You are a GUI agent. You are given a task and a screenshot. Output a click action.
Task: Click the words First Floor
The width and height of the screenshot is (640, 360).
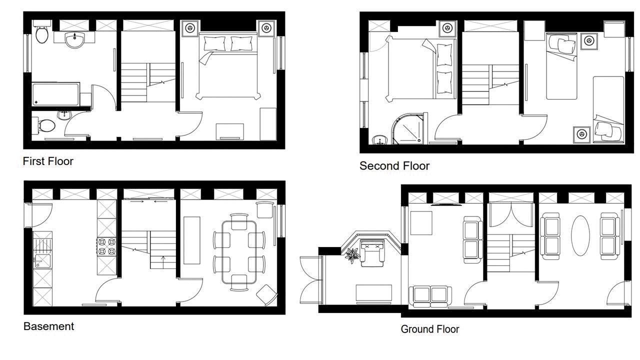pos(48,161)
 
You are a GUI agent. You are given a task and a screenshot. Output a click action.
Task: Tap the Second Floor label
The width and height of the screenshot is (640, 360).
pos(394,166)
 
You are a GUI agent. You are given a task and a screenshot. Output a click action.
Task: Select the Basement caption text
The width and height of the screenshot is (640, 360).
pos(48,326)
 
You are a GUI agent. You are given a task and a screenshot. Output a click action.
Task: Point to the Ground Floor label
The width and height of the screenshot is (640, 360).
pos(429,329)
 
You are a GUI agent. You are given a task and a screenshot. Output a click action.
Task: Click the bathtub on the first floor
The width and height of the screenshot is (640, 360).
pos(55,94)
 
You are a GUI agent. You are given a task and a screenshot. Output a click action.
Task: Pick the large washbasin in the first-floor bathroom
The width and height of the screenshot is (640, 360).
pos(74,39)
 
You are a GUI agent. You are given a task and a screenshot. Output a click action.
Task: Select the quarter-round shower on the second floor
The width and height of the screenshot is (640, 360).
pos(408,128)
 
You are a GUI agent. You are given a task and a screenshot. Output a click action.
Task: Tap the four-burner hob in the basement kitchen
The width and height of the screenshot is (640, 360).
pos(107,246)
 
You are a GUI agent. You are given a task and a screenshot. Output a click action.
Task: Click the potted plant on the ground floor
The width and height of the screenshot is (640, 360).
pos(352,254)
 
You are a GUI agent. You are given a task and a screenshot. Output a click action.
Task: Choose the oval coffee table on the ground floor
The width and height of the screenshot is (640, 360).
pos(580,235)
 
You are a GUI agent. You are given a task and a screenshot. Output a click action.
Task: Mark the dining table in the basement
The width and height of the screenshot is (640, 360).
pos(239,252)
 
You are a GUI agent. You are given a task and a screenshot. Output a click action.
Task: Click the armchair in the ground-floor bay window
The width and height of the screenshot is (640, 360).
pos(371,253)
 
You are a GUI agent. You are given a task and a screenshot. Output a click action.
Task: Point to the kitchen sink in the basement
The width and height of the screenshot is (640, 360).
pos(42,261)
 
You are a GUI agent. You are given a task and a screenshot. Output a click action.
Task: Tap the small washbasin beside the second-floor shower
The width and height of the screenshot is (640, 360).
pos(379,139)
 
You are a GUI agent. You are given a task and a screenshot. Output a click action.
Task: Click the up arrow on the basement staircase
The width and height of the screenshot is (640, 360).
pos(163,262)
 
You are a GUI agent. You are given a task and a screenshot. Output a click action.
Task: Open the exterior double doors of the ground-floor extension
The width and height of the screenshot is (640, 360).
pos(311,279)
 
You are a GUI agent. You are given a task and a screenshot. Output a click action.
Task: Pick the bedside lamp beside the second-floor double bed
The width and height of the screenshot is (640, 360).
pos(447,28)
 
